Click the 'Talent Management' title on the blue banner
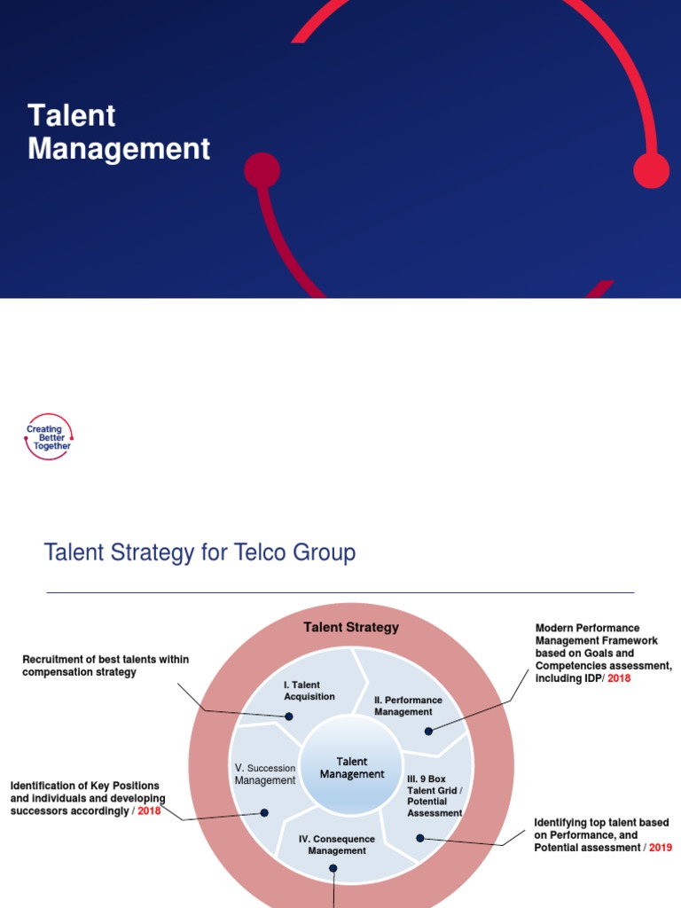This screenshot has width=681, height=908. click(x=119, y=132)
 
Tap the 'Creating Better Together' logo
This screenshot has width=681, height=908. click(x=50, y=437)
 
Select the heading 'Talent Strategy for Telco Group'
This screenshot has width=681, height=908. click(x=200, y=553)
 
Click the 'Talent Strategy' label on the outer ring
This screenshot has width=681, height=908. click(x=351, y=628)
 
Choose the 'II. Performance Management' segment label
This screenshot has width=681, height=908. click(x=408, y=706)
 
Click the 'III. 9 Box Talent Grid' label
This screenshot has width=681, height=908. click(x=434, y=795)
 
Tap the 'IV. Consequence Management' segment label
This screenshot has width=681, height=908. click(x=336, y=845)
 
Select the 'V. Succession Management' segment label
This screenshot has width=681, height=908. click(x=265, y=774)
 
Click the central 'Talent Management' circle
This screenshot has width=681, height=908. click(x=352, y=768)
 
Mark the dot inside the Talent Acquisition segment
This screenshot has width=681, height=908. click(x=289, y=716)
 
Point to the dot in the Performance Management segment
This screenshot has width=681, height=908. click(x=428, y=732)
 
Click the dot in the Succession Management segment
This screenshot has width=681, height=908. click(x=263, y=812)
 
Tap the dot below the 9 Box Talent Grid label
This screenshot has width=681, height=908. click(x=420, y=837)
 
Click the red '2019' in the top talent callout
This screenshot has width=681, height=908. click(x=660, y=848)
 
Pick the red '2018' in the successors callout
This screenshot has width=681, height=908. click(x=149, y=811)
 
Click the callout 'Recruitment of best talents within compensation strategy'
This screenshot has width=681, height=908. click(x=106, y=666)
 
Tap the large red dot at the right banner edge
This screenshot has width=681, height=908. click(x=652, y=170)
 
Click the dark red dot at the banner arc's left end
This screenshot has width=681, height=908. click(x=262, y=170)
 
